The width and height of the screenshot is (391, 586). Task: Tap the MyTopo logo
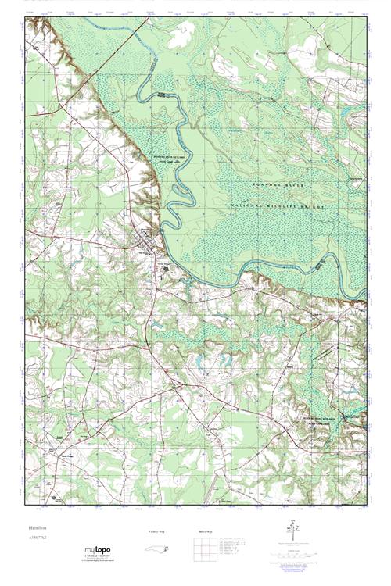[x=99, y=552]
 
